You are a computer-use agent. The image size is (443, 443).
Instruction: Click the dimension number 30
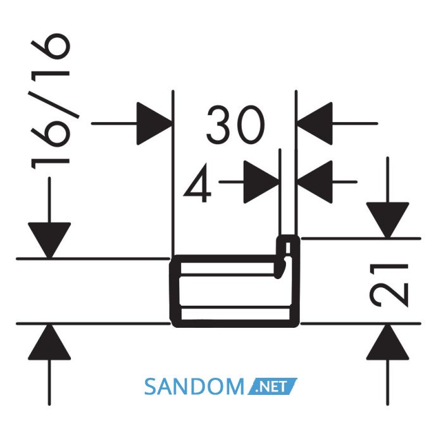235,125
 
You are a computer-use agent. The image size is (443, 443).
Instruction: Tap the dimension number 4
197,184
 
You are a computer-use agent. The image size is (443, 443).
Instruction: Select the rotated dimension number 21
389,285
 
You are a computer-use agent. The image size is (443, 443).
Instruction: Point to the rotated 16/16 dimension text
51,102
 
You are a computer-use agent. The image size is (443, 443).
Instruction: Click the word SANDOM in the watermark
194,387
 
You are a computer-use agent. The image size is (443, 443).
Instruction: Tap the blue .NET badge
272,386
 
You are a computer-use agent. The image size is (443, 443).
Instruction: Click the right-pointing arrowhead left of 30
154,123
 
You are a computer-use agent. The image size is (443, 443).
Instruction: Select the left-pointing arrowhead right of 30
315,123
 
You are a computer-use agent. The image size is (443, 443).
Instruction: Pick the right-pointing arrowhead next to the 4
261,182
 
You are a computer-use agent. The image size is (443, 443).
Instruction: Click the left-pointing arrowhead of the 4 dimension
315,182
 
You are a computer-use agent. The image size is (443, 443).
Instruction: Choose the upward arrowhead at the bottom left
49,342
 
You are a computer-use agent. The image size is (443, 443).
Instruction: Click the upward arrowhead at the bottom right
387,342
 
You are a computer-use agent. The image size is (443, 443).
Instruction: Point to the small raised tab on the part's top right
288,246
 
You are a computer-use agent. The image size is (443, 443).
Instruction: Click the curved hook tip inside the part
281,270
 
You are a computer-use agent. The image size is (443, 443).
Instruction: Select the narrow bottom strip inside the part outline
235,315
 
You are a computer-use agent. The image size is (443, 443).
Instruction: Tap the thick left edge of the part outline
174,291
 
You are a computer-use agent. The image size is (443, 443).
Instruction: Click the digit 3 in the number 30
219,125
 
